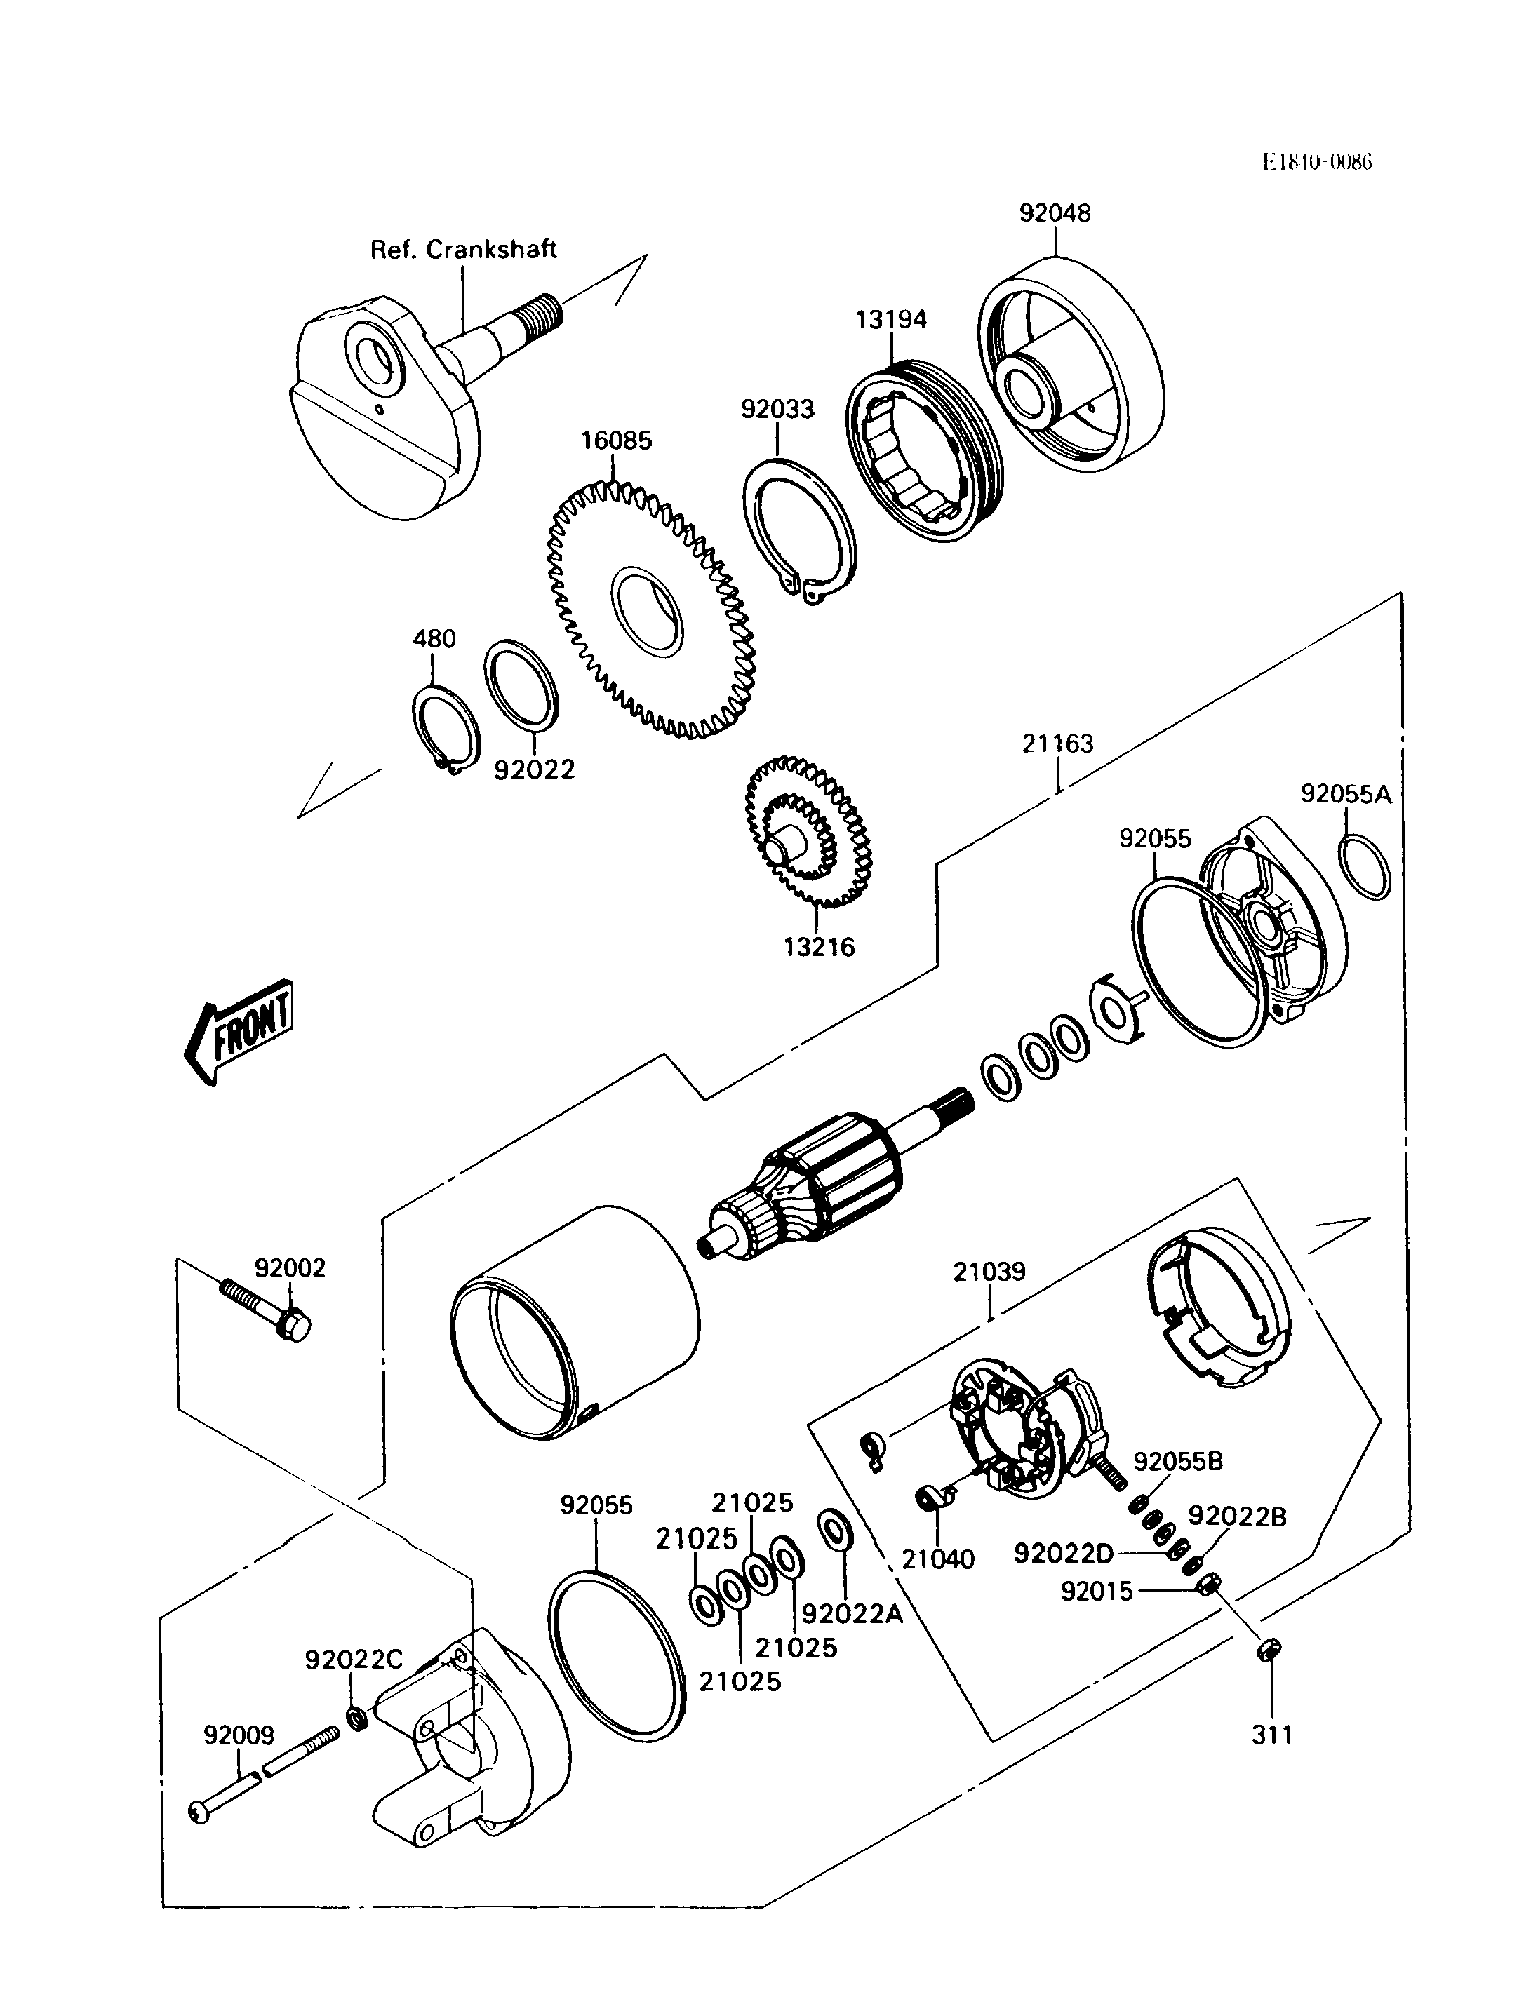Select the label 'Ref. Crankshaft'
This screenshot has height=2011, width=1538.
tap(463, 249)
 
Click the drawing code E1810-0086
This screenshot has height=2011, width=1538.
tap(1318, 162)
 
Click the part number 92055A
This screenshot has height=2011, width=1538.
tap(1346, 795)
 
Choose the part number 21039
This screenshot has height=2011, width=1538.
tap(989, 1272)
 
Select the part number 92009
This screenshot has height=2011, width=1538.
tap(239, 1735)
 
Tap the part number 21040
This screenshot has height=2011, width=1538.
tap(937, 1558)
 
